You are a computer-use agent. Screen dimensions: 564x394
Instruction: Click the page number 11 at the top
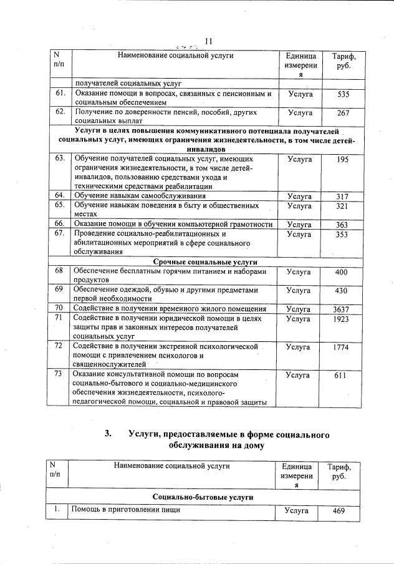click(209, 41)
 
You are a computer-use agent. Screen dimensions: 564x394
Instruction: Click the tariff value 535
click(342, 95)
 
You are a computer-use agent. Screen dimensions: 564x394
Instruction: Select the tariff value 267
click(342, 113)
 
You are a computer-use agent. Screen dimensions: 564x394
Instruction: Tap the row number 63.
click(60, 158)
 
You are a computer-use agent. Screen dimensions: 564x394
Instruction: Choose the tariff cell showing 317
click(342, 197)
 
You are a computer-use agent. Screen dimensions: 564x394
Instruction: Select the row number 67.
click(60, 234)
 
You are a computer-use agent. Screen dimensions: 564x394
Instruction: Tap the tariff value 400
click(342, 273)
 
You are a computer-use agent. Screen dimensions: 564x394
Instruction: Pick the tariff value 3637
click(342, 309)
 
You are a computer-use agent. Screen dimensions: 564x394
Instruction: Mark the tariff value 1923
click(342, 319)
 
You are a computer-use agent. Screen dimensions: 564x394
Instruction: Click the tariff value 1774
click(342, 347)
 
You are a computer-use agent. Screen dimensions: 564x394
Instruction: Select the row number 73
click(59, 374)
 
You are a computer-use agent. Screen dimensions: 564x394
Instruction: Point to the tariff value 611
click(340, 376)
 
